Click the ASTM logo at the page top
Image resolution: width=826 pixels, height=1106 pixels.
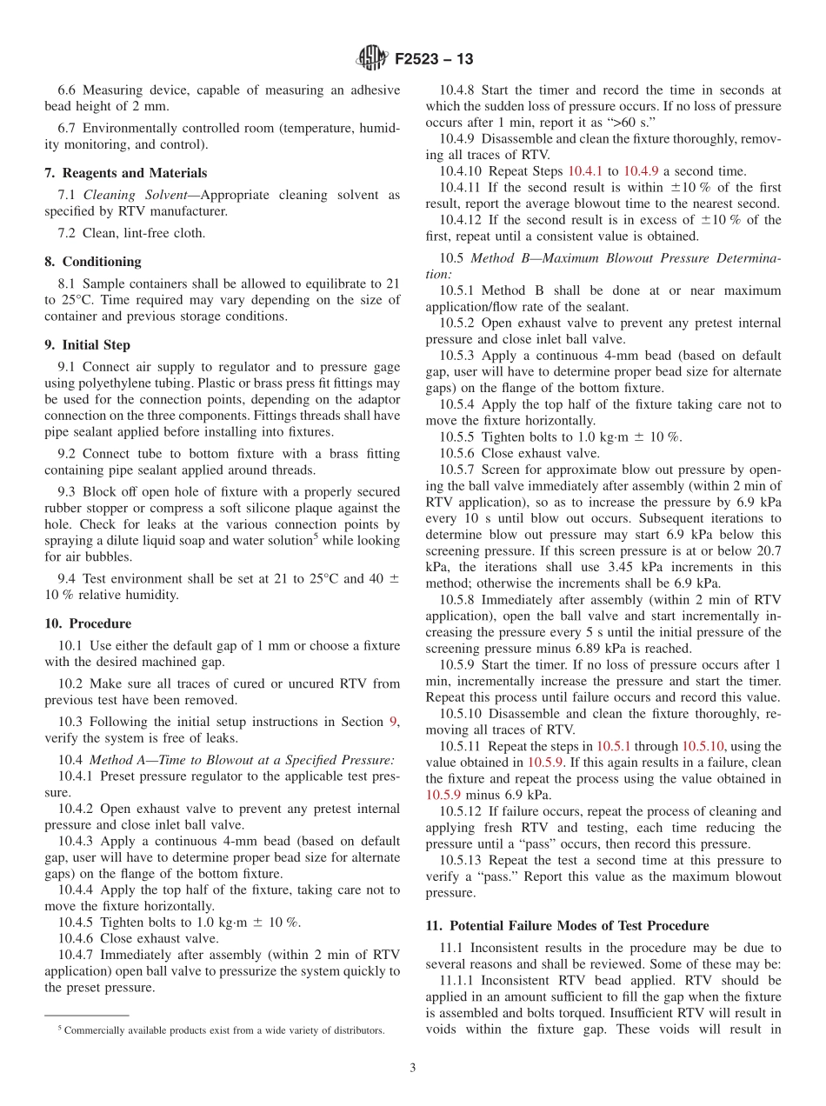coord(371,59)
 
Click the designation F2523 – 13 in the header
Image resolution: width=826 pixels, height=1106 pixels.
coord(434,60)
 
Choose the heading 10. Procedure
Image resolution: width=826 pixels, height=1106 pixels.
coord(88,623)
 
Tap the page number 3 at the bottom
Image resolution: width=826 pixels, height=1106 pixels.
coord(413,1068)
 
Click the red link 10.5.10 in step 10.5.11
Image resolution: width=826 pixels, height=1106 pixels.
coord(705,746)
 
